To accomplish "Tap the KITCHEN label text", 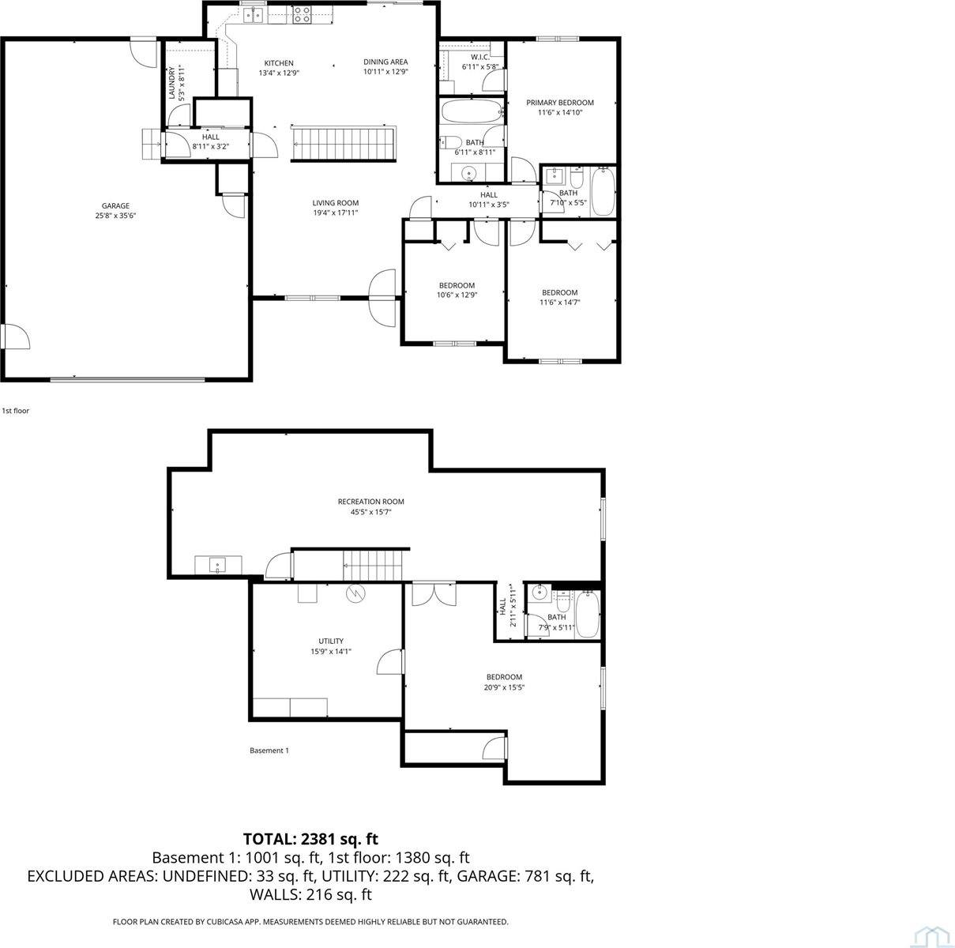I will point(278,63).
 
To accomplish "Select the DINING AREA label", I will point(385,62).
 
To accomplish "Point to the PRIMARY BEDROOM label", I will point(560,103).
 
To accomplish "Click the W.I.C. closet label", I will point(480,57).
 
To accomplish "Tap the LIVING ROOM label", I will point(336,203).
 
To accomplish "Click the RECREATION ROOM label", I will point(370,502).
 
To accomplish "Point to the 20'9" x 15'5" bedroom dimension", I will point(504,688).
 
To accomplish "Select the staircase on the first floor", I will point(344,143).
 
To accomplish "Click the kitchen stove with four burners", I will point(303,15).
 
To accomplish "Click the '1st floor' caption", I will point(16,411).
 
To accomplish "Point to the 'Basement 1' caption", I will point(269,750).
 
